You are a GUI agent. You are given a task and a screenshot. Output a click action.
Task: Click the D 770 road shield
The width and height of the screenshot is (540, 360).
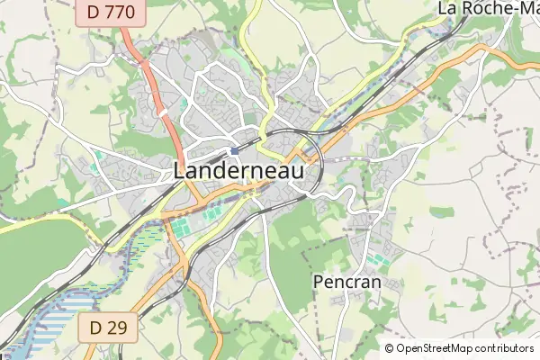(104, 13)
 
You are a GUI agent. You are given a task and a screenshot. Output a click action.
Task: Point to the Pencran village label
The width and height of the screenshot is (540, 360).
(346, 283)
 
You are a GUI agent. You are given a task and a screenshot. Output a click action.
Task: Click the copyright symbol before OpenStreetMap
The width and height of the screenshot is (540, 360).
(390, 348)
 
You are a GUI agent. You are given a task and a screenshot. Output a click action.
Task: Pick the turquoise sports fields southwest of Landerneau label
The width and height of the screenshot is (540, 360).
(181, 226)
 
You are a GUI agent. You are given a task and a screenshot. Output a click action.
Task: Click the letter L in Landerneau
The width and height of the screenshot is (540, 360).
(180, 170)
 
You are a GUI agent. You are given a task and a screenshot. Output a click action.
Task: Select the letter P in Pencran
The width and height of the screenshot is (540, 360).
(319, 283)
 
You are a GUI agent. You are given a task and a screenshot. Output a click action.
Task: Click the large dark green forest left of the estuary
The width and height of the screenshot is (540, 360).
(36, 252)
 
